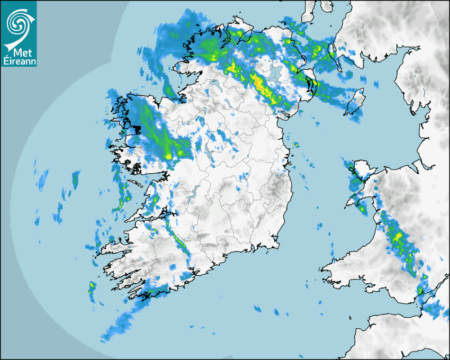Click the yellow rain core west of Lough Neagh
point(258,82)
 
